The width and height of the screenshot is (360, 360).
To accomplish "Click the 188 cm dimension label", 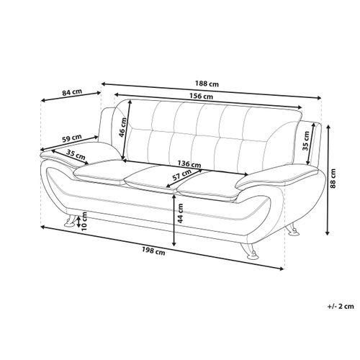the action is coord(207,84).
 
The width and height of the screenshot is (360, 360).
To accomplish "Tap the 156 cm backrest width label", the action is coord(201,96).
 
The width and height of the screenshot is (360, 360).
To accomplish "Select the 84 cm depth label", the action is coord(72,92).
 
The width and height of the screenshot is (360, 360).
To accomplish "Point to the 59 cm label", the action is coord(72,138).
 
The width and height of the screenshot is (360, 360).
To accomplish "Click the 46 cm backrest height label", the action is coord(122,127).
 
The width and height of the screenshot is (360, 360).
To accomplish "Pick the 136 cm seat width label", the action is coord(189,164).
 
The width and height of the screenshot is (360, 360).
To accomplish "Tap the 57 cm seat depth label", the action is coord(182,175).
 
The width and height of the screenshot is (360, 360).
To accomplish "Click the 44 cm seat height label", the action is coord(180,213).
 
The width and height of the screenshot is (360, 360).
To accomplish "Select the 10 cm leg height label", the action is coord(84,221).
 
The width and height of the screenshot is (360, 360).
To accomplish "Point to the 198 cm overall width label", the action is coord(153,251).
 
